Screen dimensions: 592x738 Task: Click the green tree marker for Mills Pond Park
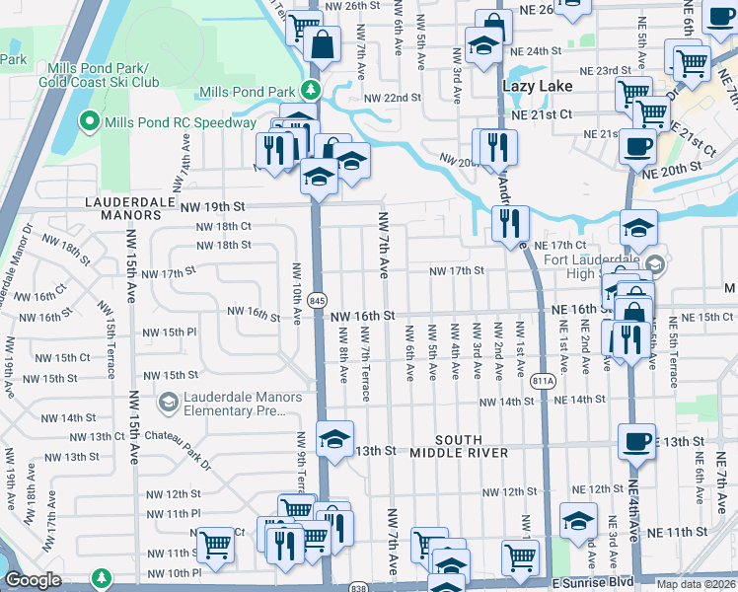pos(312,92)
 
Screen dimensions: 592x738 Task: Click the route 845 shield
pos(317,299)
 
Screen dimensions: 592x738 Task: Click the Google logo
pos(33,580)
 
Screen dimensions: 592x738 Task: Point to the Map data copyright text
pos(697,584)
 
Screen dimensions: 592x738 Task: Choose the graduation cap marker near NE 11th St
pos(578,517)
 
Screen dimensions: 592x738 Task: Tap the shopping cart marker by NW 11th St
pos(215,544)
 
